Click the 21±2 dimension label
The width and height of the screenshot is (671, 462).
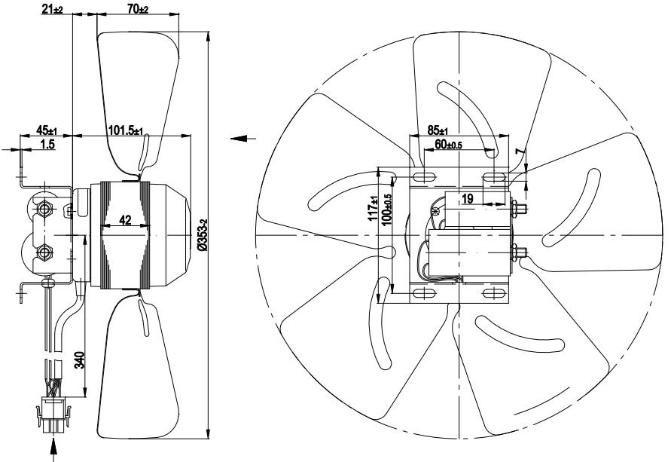tap(52, 9)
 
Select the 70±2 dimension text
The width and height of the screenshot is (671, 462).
tap(139, 8)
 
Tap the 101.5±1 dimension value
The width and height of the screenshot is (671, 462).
tap(126, 130)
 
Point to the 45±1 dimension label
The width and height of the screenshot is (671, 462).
tap(47, 130)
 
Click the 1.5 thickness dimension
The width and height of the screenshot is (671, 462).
tap(47, 144)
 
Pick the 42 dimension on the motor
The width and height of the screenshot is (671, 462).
tap(125, 220)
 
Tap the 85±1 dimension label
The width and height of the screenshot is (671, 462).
tap(438, 130)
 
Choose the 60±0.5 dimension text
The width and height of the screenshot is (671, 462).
tap(449, 145)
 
